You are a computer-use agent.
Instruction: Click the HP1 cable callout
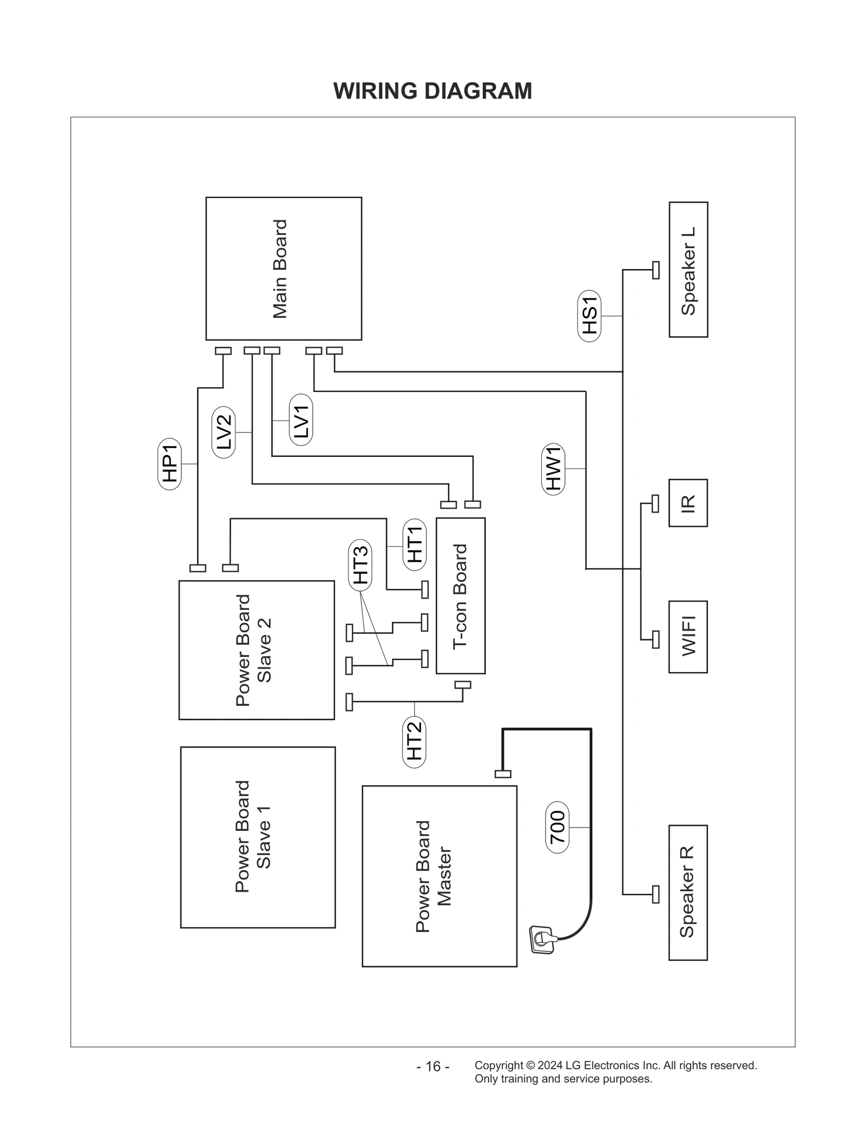[169, 464]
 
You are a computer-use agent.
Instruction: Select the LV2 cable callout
[224, 432]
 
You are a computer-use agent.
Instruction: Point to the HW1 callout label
[553, 469]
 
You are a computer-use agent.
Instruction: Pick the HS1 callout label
[589, 316]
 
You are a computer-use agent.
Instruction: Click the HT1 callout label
[415, 545]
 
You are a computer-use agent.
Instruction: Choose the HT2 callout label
[415, 742]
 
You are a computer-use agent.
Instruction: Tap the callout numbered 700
[557, 828]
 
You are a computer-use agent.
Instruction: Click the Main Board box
[284, 268]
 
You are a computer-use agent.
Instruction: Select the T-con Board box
[461, 595]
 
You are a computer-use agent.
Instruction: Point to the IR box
[688, 503]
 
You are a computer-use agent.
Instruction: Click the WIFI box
[688, 637]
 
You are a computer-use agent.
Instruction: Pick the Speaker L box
[688, 270]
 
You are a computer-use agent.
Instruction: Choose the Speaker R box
[688, 893]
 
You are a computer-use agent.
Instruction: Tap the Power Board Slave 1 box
[258, 837]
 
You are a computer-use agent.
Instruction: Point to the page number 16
[433, 1066]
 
